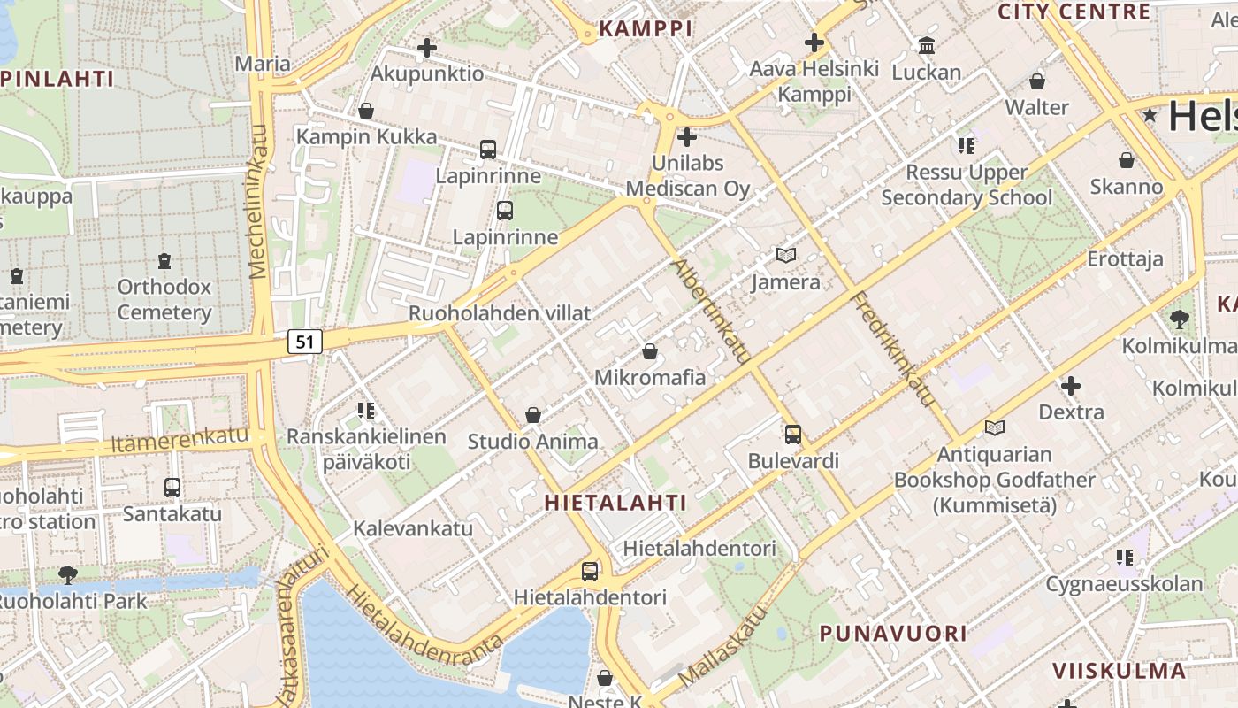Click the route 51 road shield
(x=304, y=342)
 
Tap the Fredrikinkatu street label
(x=893, y=350)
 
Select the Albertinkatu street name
(x=712, y=312)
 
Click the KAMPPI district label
(x=646, y=28)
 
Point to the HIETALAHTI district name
(x=615, y=503)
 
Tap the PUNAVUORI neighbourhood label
(x=893, y=634)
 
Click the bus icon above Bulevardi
(x=793, y=434)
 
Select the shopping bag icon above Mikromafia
(x=650, y=351)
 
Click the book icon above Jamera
(x=785, y=255)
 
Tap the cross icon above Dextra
(x=1071, y=386)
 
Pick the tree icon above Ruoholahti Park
(x=67, y=575)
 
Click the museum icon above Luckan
(x=927, y=45)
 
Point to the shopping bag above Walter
(x=1037, y=81)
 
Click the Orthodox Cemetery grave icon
(x=164, y=261)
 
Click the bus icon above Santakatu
(x=172, y=487)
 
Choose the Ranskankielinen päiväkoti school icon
(x=366, y=411)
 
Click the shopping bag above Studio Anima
(x=533, y=414)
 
